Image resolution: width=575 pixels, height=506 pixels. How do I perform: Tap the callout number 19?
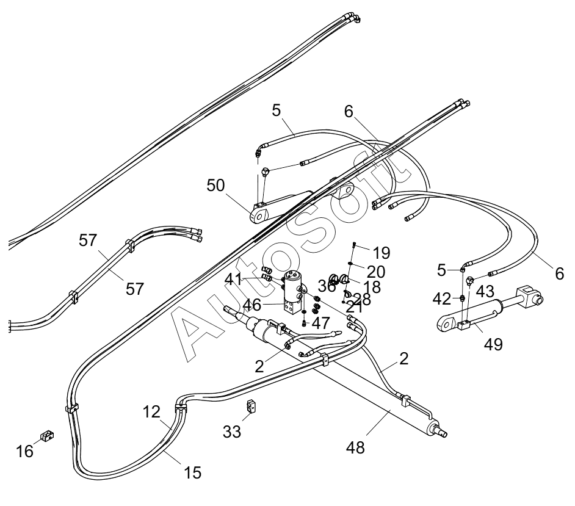[x=382, y=252]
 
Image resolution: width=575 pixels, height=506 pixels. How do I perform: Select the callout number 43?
[x=485, y=292]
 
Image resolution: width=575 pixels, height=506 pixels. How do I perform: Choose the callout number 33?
[x=233, y=432]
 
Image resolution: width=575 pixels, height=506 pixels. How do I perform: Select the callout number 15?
[x=192, y=472]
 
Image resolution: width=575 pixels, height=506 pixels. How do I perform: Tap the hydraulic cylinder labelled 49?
[x=488, y=311]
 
